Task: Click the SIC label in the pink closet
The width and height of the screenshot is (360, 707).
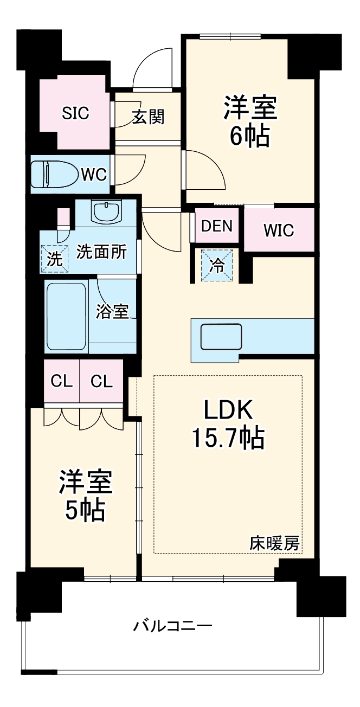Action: pyautogui.click(x=75, y=113)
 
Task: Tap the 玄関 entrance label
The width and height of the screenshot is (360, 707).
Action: pyautogui.click(x=149, y=117)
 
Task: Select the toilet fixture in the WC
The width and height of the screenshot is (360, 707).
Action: pyautogui.click(x=55, y=174)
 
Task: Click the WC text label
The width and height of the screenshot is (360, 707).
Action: pyautogui.click(x=94, y=174)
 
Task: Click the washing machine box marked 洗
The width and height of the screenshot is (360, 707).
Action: pyautogui.click(x=54, y=259)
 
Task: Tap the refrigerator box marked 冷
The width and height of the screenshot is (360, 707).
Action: pyautogui.click(x=217, y=265)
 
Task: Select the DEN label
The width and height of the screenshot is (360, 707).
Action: pyautogui.click(x=217, y=226)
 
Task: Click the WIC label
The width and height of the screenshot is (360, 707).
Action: pyautogui.click(x=279, y=230)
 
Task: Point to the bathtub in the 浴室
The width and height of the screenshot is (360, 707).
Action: pyautogui.click(x=67, y=317)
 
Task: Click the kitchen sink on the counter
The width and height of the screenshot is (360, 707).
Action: pyautogui.click(x=221, y=337)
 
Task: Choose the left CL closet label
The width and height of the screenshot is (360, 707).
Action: pyautogui.click(x=61, y=381)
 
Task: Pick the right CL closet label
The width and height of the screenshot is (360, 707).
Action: pyautogui.click(x=101, y=381)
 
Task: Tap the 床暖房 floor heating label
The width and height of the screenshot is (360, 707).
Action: pyautogui.click(x=274, y=543)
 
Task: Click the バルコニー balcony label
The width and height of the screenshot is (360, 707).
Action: pyautogui.click(x=172, y=625)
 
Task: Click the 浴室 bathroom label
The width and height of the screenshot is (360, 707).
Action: pyautogui.click(x=112, y=312)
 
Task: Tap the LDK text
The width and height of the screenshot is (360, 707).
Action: pyautogui.click(x=228, y=409)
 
